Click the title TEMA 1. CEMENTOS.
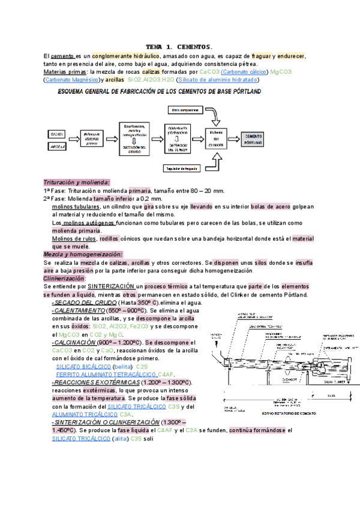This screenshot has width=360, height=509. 179,46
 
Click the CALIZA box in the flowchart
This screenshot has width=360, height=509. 57,133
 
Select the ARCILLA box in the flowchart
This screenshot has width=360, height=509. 57,146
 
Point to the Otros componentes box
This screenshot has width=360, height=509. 185,110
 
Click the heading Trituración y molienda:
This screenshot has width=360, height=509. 77,182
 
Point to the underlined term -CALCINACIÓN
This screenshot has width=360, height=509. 75,342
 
